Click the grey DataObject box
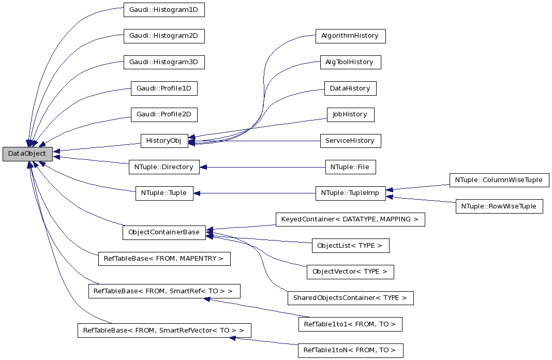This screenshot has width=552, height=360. (27, 154)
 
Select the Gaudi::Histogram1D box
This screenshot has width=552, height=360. (163, 10)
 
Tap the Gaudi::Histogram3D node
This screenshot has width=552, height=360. (163, 62)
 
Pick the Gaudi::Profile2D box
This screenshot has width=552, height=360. (163, 114)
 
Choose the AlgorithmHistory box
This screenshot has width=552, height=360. (350, 36)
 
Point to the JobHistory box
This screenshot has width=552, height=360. (350, 114)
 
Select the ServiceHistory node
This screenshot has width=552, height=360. (350, 141)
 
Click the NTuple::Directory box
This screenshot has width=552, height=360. (163, 167)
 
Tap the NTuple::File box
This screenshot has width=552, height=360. (350, 167)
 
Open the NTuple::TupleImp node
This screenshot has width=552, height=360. (350, 193)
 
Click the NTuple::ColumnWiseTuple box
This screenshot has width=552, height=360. (499, 180)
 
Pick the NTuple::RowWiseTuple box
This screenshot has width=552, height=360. (499, 206)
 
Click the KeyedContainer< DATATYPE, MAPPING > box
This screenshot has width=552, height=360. (350, 219)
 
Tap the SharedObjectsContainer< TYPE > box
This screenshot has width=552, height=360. (350, 298)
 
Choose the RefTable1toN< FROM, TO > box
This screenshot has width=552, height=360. (350, 350)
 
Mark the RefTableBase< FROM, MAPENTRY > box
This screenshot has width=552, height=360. (164, 259)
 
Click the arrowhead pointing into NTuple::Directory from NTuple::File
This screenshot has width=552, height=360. (203, 167)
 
